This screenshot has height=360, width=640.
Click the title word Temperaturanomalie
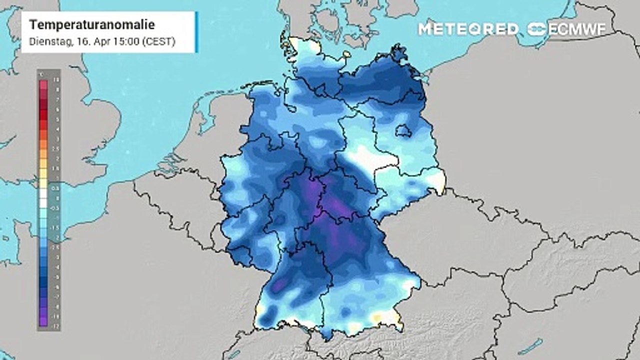click(x=92, y=25)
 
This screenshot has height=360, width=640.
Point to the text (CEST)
click(x=158, y=42)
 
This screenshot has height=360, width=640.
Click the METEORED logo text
click(x=468, y=29)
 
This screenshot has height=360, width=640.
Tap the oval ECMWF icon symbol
click(x=537, y=29)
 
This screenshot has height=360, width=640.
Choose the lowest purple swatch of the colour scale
click(x=43, y=322)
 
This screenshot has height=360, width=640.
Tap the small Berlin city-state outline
click(x=403, y=131)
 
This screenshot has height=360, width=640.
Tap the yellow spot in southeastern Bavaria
click(x=376, y=318)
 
